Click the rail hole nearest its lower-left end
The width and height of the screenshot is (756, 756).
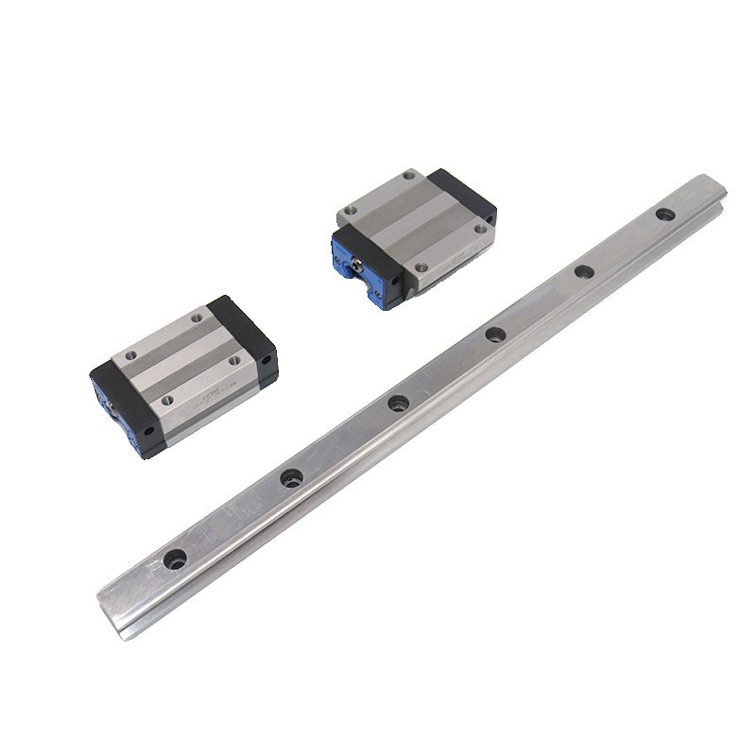pos(175,558)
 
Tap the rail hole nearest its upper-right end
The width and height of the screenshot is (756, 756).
pos(665,215)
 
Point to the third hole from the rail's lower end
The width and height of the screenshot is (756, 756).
pos(398,404)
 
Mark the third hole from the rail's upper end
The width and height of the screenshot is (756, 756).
pos(495,334)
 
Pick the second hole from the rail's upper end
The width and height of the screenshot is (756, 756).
pos(584,272)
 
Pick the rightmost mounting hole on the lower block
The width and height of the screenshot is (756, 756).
pos(231,360)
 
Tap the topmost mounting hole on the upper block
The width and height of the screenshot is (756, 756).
pos(409,175)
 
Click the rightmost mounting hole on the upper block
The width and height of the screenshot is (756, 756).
pos(480,228)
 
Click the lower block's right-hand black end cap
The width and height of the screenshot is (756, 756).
pos(248,340)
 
